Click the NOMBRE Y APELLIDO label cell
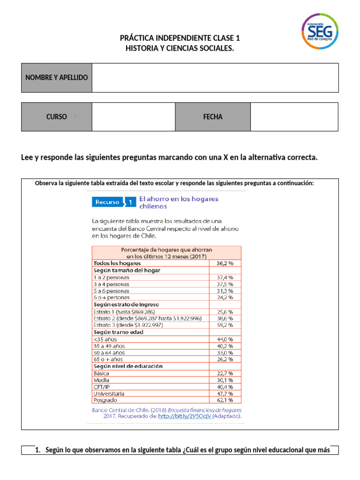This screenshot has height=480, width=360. pos(57,77)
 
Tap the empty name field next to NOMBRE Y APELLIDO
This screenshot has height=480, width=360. pos(215,77)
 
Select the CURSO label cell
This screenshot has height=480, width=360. pos(57,117)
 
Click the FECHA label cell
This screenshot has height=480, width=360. pos(212,117)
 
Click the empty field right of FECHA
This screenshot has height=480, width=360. pos(294,117)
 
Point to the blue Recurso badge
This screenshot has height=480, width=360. pos(114,202)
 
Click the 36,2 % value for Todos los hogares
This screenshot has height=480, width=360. pos(225,263)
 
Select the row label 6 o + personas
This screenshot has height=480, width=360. pos(112,297)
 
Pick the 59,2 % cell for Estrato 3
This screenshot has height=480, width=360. pos(225,325)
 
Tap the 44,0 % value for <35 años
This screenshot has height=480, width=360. pos(225,338)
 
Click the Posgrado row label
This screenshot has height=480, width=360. pos(105,400)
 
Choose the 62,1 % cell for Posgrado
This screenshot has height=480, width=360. pos(225,400)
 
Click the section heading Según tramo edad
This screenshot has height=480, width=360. pos(118,332)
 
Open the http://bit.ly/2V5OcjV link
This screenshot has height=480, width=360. pos(184,416)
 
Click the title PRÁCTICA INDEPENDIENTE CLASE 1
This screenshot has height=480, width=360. pos(180,38)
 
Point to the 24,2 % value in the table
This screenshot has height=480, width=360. pos(225,297)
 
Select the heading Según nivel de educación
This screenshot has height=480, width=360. pos(127,366)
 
